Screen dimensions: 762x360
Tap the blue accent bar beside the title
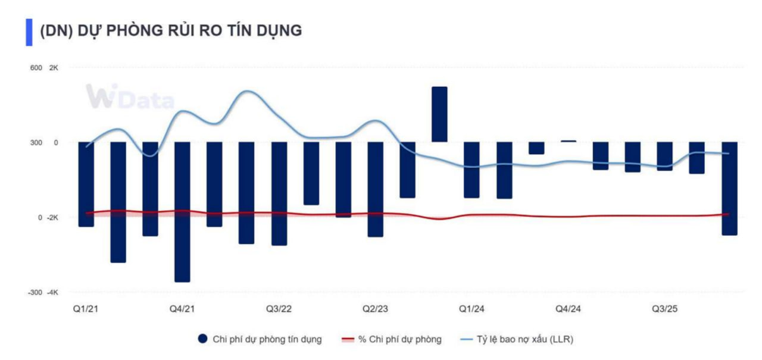click(x=29, y=32)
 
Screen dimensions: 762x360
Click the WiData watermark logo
click(x=130, y=96)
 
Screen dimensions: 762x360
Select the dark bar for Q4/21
click(x=182, y=212)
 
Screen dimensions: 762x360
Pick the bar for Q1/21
click(x=86, y=184)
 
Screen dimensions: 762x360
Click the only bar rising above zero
click(x=439, y=114)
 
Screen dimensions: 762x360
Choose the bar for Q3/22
click(x=279, y=194)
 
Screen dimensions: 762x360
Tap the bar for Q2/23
click(x=376, y=189)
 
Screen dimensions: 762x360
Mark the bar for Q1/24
click(x=472, y=170)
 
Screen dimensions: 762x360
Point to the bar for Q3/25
click(x=665, y=156)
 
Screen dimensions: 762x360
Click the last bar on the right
click(x=729, y=189)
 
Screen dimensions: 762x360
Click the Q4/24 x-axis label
click(x=568, y=309)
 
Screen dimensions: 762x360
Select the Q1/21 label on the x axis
click(x=86, y=309)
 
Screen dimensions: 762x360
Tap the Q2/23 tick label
click(x=375, y=309)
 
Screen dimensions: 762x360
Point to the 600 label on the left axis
click(x=36, y=68)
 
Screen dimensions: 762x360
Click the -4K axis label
click(x=52, y=293)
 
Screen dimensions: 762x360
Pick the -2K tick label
click(x=52, y=218)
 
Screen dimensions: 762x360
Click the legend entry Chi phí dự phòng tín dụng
click(x=260, y=339)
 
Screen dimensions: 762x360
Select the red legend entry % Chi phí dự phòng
click(x=392, y=339)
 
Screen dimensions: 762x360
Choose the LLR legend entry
click(x=517, y=339)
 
